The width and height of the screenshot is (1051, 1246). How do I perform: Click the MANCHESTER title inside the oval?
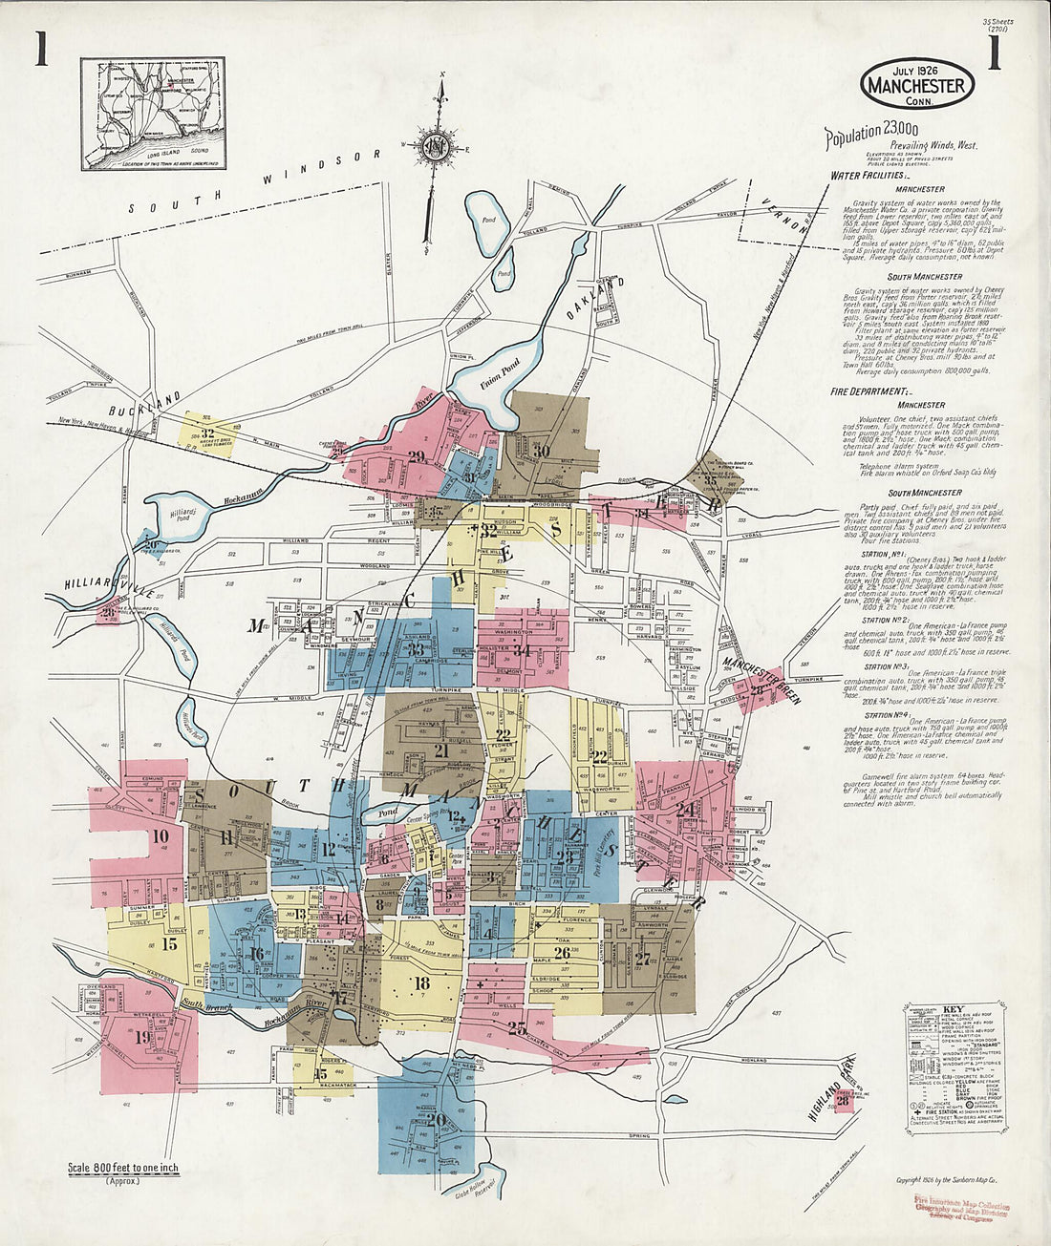(917, 86)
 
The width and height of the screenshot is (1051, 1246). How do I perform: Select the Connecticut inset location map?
(153, 114)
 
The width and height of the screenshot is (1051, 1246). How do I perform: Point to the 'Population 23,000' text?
(872, 136)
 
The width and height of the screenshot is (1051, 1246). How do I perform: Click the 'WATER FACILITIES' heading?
(870, 176)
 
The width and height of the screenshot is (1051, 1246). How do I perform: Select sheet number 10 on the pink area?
(161, 837)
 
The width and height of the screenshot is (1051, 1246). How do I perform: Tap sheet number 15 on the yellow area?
(170, 944)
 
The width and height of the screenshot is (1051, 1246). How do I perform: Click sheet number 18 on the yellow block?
(421, 983)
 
